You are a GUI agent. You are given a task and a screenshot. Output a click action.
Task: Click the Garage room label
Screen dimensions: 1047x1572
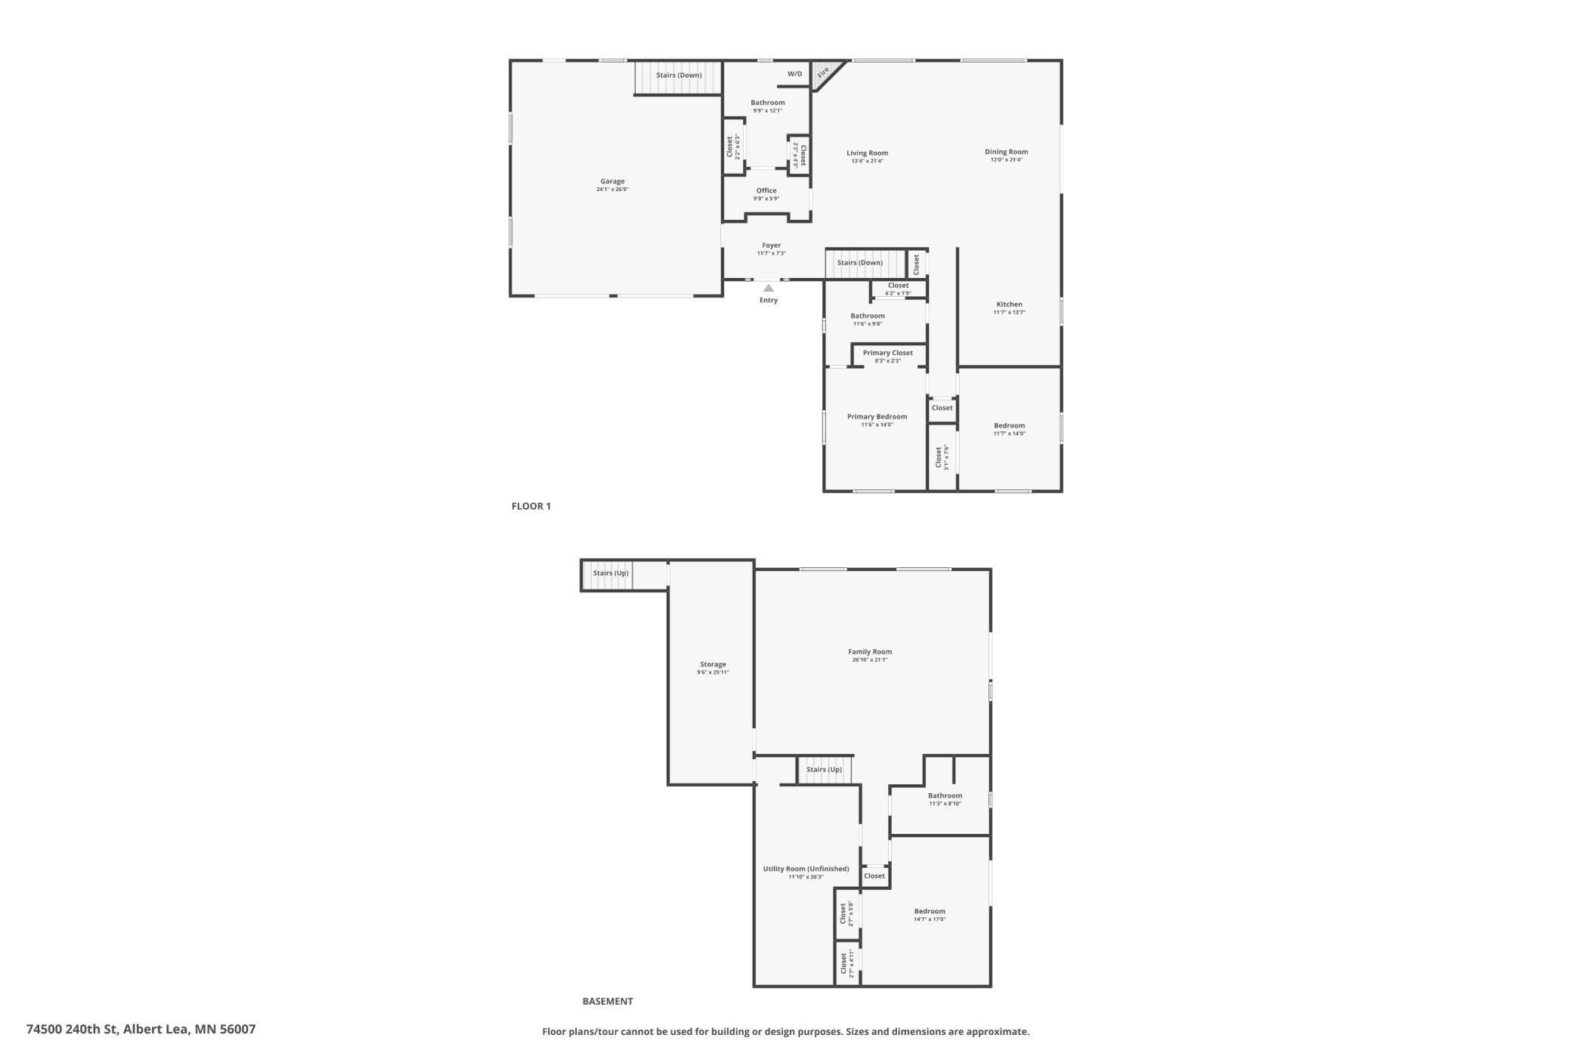pyautogui.click(x=612, y=181)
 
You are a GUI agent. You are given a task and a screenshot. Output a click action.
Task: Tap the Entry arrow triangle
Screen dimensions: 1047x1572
pyautogui.click(x=769, y=288)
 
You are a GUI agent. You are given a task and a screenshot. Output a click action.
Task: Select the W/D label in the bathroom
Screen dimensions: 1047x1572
pyautogui.click(x=795, y=74)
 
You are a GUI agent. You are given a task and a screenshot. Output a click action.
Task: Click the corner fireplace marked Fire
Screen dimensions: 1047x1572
pyautogui.click(x=823, y=73)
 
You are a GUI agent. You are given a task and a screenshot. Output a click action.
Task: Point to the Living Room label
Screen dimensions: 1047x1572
pyautogui.click(x=867, y=153)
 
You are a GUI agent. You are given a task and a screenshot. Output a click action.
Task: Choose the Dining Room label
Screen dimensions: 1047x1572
pyautogui.click(x=1006, y=152)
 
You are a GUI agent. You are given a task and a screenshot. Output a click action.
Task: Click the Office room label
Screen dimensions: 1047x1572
pyautogui.click(x=766, y=191)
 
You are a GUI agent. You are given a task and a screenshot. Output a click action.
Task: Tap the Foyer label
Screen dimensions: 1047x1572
pyautogui.click(x=771, y=246)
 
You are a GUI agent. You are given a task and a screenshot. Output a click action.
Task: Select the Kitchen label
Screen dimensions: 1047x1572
pyautogui.click(x=1009, y=304)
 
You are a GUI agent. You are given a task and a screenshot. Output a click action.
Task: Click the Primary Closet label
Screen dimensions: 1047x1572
pyautogui.click(x=887, y=353)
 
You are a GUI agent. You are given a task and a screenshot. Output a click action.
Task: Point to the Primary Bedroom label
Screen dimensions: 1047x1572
pyautogui.click(x=877, y=417)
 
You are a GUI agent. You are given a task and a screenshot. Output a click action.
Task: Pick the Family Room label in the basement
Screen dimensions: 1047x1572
pyautogui.click(x=870, y=652)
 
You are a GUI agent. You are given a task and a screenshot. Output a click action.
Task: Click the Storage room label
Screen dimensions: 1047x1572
pyautogui.click(x=713, y=665)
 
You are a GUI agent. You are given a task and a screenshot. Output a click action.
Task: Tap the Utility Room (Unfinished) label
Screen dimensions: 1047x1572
pyautogui.click(x=806, y=869)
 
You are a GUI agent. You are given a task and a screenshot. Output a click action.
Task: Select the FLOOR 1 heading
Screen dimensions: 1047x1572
pyautogui.click(x=531, y=506)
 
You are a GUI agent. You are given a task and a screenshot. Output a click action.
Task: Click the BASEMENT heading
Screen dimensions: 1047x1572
pyautogui.click(x=608, y=1001)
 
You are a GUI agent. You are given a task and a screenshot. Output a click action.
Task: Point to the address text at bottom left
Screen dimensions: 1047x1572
pyautogui.click(x=141, y=1029)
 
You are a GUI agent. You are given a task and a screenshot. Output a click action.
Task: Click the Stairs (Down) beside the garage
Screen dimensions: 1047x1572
pyautogui.click(x=679, y=76)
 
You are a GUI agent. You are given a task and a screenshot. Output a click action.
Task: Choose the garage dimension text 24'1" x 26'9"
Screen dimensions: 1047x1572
pyautogui.click(x=612, y=190)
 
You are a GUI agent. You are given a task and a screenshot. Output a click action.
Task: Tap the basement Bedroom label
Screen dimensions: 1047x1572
pyautogui.click(x=930, y=911)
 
